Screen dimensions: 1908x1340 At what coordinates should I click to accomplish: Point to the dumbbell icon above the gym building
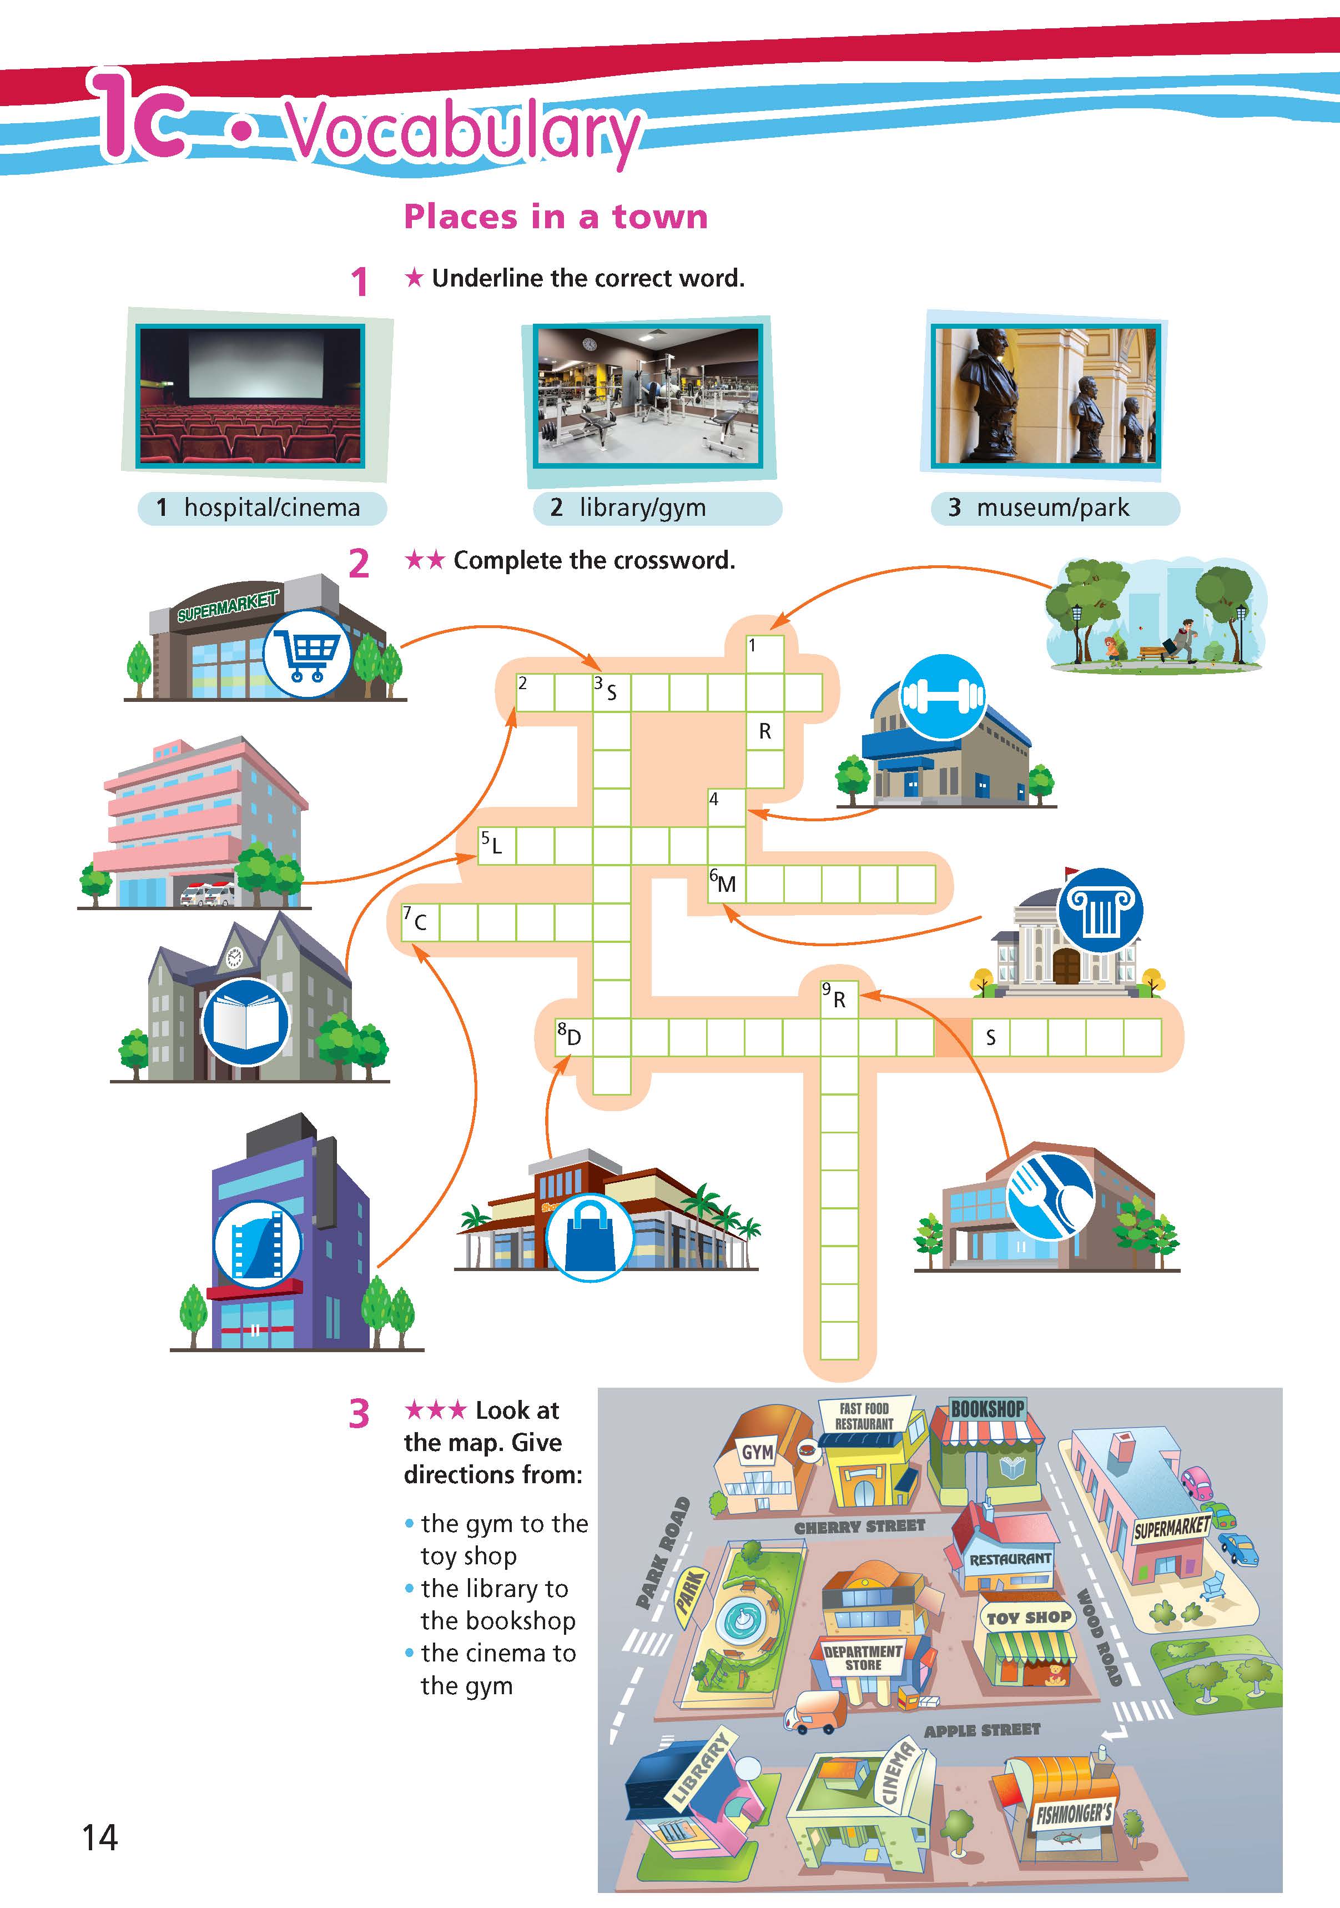pyautogui.click(x=943, y=696)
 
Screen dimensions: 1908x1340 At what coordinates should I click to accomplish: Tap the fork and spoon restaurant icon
pyautogui.click(x=1050, y=1195)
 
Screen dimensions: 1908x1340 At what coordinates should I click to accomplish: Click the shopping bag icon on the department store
pyautogui.click(x=589, y=1234)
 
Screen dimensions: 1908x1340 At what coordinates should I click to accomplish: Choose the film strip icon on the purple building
pyautogui.click(x=258, y=1244)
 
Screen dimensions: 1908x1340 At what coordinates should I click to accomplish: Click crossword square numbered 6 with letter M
pyautogui.click(x=726, y=883)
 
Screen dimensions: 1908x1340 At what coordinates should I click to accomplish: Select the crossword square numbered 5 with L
pyautogui.click(x=496, y=845)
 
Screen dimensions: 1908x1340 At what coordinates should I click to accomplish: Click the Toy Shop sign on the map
pyautogui.click(x=1029, y=1617)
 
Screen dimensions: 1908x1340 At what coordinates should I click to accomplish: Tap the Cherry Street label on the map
pyautogui.click(x=859, y=1527)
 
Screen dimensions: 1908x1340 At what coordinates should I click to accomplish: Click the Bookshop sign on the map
pyautogui.click(x=988, y=1409)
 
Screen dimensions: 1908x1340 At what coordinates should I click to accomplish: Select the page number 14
pyautogui.click(x=100, y=1837)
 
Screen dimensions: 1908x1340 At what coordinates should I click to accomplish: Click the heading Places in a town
pyautogui.click(x=556, y=217)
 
